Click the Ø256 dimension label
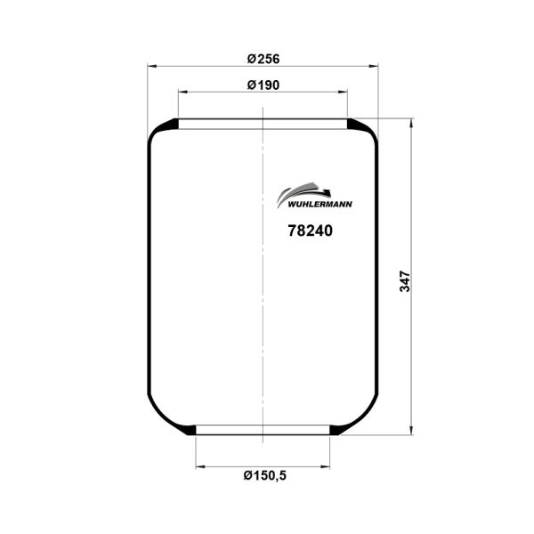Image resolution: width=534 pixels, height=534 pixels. point(263,59)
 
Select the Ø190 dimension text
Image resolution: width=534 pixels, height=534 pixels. point(263,85)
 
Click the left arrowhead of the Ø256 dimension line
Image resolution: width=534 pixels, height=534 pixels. point(153,66)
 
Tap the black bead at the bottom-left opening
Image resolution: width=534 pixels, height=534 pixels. point(188,431)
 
